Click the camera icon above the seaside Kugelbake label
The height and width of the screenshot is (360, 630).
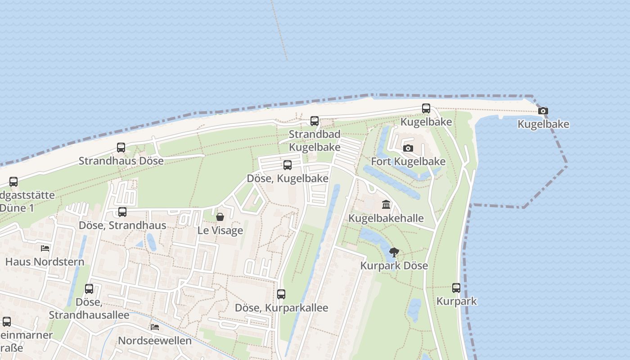[x=543, y=111]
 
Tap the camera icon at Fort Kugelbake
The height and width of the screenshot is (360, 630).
[x=408, y=148]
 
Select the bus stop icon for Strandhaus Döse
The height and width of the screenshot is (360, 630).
[x=121, y=148]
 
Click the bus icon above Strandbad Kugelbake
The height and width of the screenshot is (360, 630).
[x=315, y=121]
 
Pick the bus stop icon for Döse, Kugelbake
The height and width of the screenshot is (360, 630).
[x=288, y=165]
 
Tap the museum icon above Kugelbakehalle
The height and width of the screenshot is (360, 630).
[x=386, y=205]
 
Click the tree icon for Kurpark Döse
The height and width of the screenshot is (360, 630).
[x=394, y=252]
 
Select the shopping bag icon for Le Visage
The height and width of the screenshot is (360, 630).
[x=220, y=217]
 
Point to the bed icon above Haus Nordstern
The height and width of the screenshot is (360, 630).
[x=45, y=248]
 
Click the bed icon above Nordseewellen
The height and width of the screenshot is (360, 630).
[x=155, y=327]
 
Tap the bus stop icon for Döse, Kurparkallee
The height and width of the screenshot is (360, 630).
[x=281, y=294]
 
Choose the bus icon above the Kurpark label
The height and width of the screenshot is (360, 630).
[x=456, y=288]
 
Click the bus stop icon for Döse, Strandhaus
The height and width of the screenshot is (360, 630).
[x=122, y=212]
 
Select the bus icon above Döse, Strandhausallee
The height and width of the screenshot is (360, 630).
[x=89, y=289]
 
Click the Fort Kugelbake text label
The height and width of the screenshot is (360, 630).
[x=408, y=162]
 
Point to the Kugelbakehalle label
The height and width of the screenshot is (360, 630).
[x=386, y=218]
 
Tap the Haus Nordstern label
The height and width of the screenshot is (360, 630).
[x=45, y=261]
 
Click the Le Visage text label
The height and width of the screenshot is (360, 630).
[x=220, y=230]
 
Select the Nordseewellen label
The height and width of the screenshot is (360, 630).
[x=154, y=340]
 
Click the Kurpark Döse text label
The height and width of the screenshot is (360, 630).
[x=394, y=265]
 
